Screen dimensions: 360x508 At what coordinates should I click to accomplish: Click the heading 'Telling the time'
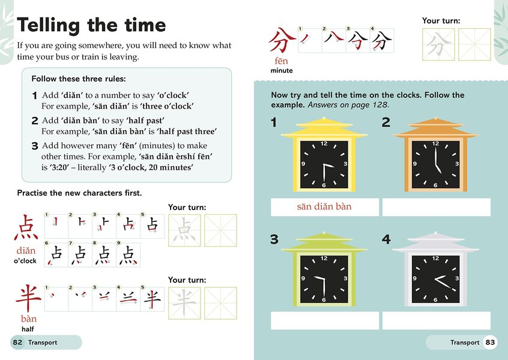pos(91,25)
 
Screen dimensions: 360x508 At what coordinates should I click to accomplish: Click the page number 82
pos(17,342)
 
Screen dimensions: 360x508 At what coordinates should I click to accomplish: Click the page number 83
pos(491,342)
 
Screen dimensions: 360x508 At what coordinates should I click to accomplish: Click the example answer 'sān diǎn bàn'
pos(324,207)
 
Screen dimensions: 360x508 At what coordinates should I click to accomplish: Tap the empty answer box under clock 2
pos(436,207)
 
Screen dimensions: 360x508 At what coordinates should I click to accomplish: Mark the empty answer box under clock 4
pos(436,320)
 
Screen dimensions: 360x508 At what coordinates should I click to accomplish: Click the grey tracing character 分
pos(438,45)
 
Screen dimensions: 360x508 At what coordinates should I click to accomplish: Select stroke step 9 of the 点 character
pos(128,255)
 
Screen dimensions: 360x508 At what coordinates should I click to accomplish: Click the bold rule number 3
pos(35,146)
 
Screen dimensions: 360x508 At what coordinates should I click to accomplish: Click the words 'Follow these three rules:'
pos(79,79)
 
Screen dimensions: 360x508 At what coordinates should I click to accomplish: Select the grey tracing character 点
pos(184,230)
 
